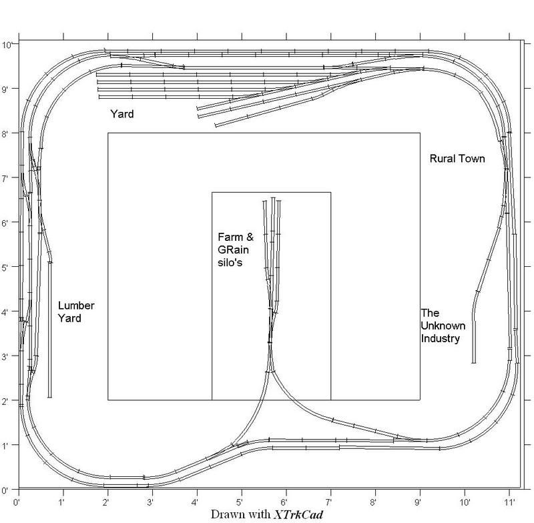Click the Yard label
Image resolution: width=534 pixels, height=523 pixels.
(x=122, y=115)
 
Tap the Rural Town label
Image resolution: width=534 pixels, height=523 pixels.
(x=457, y=159)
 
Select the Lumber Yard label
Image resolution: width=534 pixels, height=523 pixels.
(x=77, y=312)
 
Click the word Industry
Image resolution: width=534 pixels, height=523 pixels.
(x=441, y=338)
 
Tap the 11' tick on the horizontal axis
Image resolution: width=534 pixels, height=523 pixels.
(x=510, y=498)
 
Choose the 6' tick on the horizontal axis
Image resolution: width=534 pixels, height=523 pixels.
(x=286, y=498)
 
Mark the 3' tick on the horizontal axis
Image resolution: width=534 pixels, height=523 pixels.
(x=152, y=498)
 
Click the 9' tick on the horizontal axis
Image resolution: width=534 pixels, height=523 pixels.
(x=421, y=498)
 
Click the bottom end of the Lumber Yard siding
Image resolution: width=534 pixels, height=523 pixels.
(x=50, y=398)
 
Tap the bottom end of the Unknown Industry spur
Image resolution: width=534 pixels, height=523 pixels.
(x=474, y=362)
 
